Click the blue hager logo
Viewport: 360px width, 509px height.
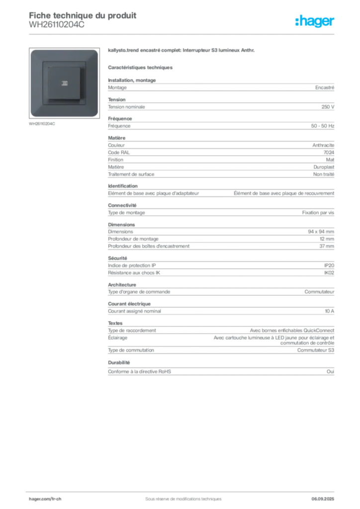point(315,21)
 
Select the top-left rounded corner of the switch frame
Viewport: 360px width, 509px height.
point(33,52)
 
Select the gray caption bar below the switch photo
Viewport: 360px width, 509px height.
point(42,124)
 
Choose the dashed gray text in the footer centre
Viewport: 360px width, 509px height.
point(179,495)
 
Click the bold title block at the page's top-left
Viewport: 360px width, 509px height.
point(83,15)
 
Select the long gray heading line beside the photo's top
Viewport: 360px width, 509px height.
point(183,51)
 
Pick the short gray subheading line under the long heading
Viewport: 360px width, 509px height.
point(141,67)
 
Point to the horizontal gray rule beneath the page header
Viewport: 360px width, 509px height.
point(183,34)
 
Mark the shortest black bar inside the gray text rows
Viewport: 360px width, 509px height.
point(217,192)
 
